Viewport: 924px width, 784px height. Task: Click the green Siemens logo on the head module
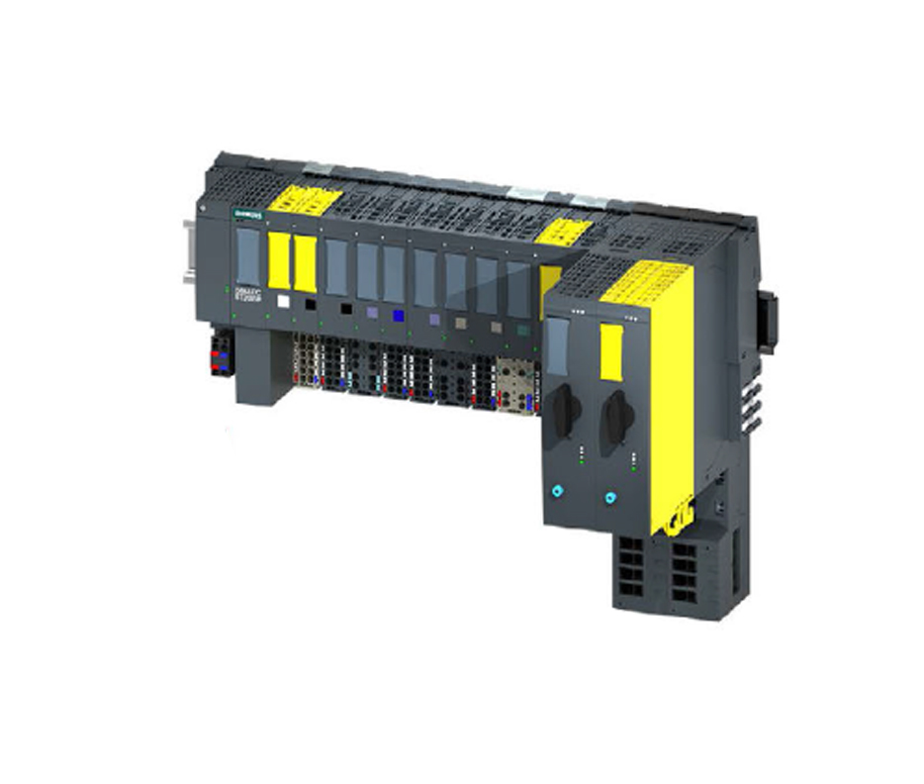tap(246, 214)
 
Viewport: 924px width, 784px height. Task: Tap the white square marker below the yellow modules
tap(284, 302)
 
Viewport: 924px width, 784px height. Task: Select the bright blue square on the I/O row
tap(398, 316)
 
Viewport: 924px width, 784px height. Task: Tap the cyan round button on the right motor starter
tap(611, 498)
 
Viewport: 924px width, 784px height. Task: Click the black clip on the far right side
tap(768, 321)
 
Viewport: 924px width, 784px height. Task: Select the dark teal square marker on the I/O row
tap(521, 330)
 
